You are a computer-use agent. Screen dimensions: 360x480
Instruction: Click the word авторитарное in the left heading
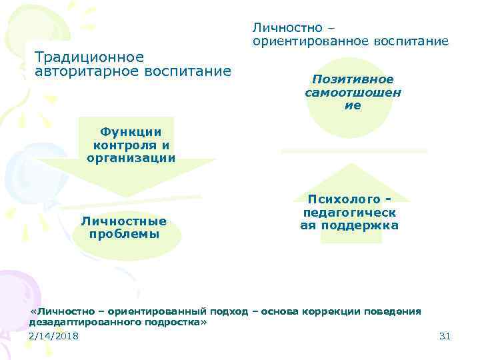click(x=79, y=71)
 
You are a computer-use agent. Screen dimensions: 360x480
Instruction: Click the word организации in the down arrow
click(x=131, y=158)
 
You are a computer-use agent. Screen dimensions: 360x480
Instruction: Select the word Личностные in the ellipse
click(x=123, y=221)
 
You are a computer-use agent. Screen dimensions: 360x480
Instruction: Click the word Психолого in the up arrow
click(x=344, y=199)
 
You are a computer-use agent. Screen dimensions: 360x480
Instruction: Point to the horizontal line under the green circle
click(x=353, y=151)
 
